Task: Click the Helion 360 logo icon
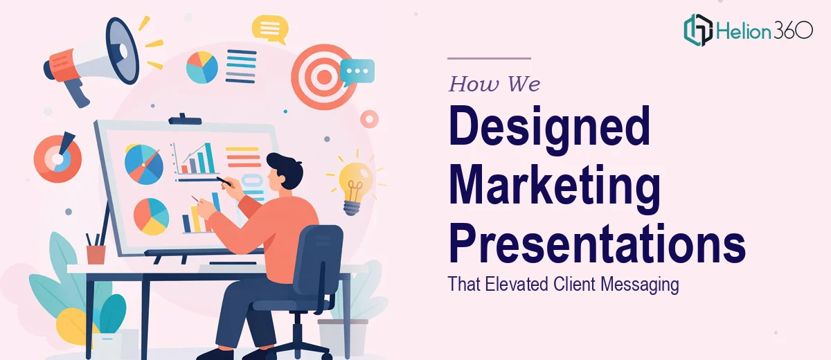(x=698, y=30)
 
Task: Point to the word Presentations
(x=597, y=243)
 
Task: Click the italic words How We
(x=494, y=84)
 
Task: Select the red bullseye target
(x=324, y=77)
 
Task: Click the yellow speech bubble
(x=270, y=28)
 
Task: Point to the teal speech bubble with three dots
(x=357, y=71)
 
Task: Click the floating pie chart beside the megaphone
(x=202, y=67)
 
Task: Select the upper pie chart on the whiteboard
(x=144, y=164)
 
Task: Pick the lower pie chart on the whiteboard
(x=152, y=217)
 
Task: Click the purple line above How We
(x=490, y=58)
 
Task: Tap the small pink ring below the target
(x=370, y=119)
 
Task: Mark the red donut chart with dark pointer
(x=57, y=158)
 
